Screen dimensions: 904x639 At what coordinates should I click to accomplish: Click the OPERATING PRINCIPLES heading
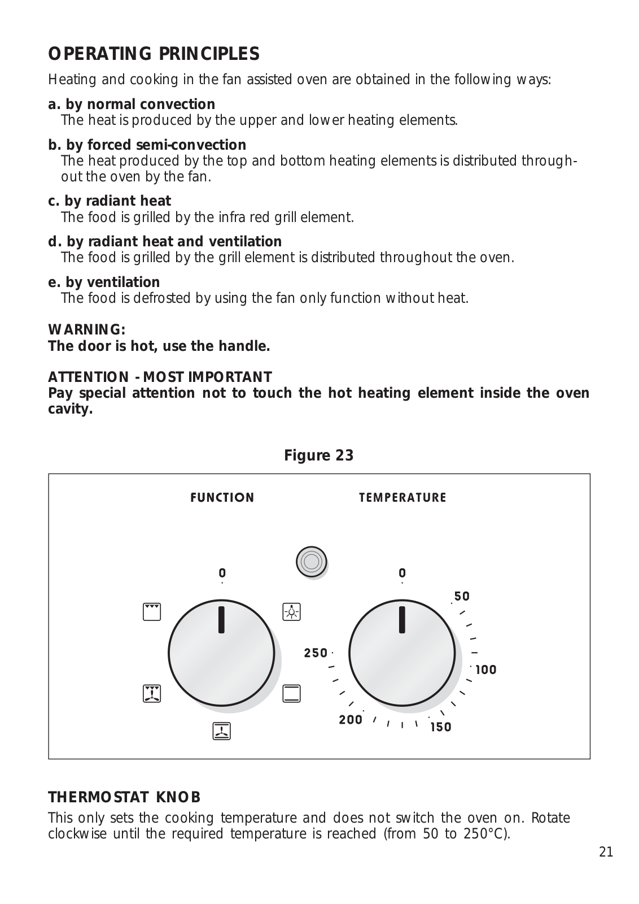[154, 54]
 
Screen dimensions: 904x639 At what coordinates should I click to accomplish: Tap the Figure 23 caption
[319, 455]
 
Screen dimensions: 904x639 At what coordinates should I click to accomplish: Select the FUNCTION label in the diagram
[222, 498]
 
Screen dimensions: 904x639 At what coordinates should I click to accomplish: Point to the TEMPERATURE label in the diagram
[402, 498]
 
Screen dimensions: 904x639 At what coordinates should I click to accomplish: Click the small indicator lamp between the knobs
[311, 562]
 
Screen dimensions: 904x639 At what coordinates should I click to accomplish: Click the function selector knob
[221, 653]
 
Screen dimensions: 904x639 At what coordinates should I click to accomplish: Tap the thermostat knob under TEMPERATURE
[401, 653]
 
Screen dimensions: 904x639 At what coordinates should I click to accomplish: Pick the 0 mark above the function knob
[222, 573]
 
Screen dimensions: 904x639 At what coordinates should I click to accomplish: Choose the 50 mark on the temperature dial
[462, 597]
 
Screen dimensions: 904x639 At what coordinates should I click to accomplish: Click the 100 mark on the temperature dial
[486, 670]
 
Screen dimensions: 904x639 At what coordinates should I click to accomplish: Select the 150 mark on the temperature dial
[441, 727]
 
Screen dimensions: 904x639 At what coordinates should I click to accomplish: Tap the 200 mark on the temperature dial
[351, 720]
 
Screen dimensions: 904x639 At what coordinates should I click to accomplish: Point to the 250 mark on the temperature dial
[316, 653]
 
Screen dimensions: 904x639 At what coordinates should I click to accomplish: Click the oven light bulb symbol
[291, 612]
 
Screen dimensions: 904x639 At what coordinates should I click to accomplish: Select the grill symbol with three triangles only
[152, 612]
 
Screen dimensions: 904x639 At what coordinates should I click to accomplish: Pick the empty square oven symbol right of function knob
[291, 693]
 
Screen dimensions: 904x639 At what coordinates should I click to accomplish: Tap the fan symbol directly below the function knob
[221, 731]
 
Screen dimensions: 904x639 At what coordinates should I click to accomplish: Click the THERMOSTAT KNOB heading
[124, 797]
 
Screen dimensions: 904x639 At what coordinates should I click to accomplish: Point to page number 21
[606, 852]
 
